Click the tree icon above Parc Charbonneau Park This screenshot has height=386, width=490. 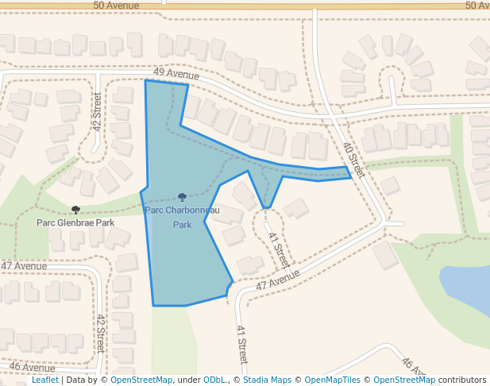(x=182, y=197)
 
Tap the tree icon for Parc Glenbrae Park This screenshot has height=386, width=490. (x=75, y=210)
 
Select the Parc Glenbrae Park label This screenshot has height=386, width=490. (x=75, y=223)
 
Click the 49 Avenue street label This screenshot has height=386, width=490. (x=176, y=75)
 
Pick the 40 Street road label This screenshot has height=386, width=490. (x=354, y=159)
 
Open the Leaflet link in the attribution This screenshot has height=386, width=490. (x=44, y=380)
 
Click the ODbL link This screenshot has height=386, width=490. (x=215, y=380)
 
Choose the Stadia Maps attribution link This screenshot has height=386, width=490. (x=267, y=380)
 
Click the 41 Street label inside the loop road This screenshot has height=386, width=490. (x=277, y=249)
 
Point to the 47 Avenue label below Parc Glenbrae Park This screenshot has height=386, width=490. (x=24, y=265)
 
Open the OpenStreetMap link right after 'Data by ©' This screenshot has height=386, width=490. (x=141, y=380)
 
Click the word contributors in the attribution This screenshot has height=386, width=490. (x=462, y=380)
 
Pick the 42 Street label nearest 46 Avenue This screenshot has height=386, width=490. (x=101, y=334)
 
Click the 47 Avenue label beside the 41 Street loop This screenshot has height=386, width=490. (x=277, y=280)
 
